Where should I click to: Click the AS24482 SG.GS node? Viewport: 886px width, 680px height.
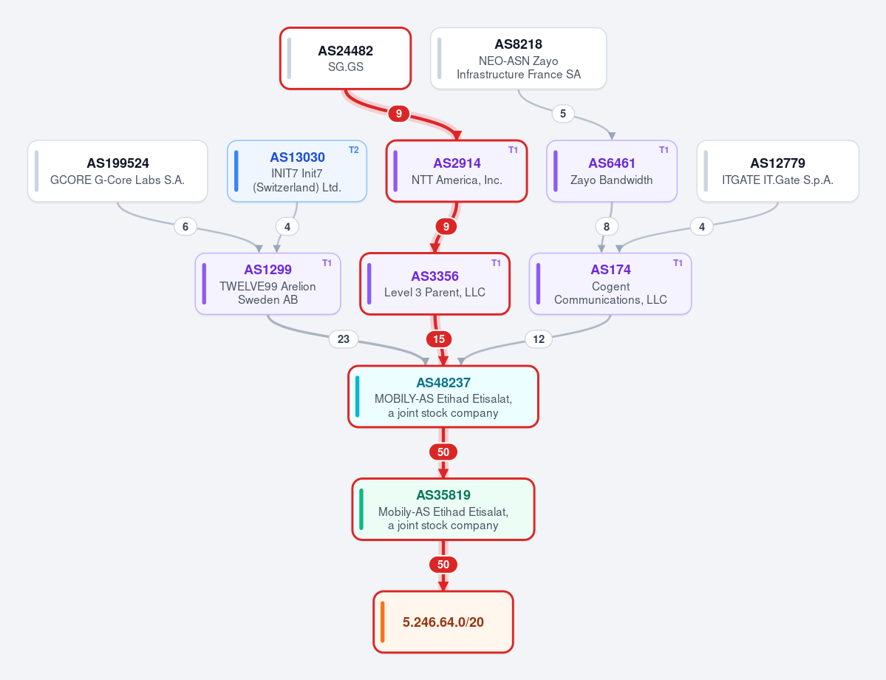[x=345, y=58]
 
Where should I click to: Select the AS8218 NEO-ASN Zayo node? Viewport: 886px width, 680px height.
[x=518, y=58]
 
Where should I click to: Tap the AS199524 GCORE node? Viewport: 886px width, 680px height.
[x=117, y=171]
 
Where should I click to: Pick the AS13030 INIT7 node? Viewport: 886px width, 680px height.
[x=296, y=171]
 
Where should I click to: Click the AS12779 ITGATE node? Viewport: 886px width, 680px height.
[x=777, y=171]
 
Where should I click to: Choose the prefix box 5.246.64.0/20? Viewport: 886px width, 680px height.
[x=443, y=622]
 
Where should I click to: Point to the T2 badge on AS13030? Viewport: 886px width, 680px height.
[x=354, y=150]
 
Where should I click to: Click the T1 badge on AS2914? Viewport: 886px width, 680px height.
[x=513, y=150]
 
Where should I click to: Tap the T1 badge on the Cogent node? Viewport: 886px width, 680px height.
[x=678, y=263]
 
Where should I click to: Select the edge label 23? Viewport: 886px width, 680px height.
[x=344, y=339]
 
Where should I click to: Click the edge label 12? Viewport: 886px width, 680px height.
[x=539, y=339]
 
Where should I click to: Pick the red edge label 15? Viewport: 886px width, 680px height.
[x=439, y=339]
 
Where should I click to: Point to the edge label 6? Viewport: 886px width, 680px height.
[x=185, y=227]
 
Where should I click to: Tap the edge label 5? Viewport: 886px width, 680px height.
[x=563, y=114]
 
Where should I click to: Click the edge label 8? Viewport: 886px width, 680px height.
[x=607, y=227]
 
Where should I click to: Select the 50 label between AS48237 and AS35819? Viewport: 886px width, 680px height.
[x=443, y=452]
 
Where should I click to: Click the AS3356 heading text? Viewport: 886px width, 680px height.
[x=435, y=276]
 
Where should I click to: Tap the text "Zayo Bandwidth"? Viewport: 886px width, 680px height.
[x=611, y=180]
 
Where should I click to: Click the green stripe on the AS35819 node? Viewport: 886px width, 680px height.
[x=361, y=509]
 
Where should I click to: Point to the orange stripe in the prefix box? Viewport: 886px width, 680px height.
[x=383, y=622]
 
